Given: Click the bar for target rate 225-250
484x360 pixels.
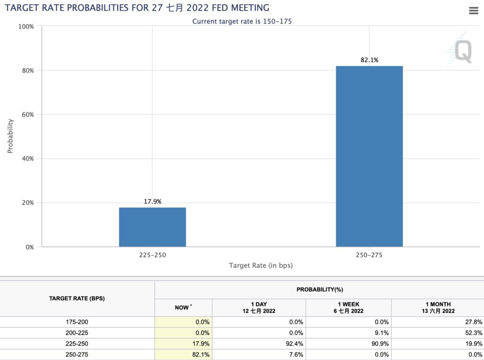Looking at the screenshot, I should coord(152,227).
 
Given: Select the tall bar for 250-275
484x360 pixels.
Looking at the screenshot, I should coord(369,156).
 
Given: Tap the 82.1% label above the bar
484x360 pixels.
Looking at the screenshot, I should coord(369,60).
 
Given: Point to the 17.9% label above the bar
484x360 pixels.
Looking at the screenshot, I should coord(152,202).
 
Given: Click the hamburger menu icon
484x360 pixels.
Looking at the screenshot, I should coord(474,10).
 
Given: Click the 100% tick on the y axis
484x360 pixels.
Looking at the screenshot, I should coord(26,26).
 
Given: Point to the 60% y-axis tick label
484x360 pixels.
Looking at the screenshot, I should coord(27,114).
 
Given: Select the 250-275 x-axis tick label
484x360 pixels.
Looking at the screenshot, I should coord(369,255).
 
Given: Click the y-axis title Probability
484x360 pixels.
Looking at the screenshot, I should coord(10,136).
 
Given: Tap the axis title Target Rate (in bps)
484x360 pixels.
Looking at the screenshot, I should coord(260,266).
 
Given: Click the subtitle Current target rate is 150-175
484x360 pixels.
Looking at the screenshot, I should coord(242,21).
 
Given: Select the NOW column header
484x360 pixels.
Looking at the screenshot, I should coord(182,308).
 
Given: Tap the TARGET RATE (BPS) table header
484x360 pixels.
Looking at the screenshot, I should coord(77,299).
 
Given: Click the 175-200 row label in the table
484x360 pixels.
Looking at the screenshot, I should coord(77,322).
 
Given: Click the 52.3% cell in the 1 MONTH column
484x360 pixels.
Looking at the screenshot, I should coord(473,333).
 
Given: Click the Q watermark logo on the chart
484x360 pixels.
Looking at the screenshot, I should coord(462,51).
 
